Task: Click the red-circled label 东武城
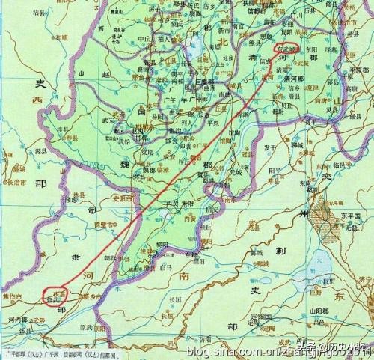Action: (286, 49)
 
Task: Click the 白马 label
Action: (166, 266)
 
